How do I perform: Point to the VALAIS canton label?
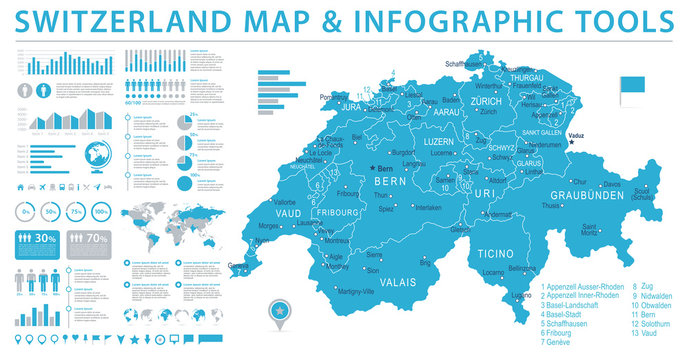coord(395,283)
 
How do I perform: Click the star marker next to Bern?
coord(370,168)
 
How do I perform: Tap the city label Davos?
coord(611,184)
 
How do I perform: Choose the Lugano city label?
coord(521,296)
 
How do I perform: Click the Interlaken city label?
coord(428,207)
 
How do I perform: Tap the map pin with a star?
coord(276,312)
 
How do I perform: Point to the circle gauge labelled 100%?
coord(100,212)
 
